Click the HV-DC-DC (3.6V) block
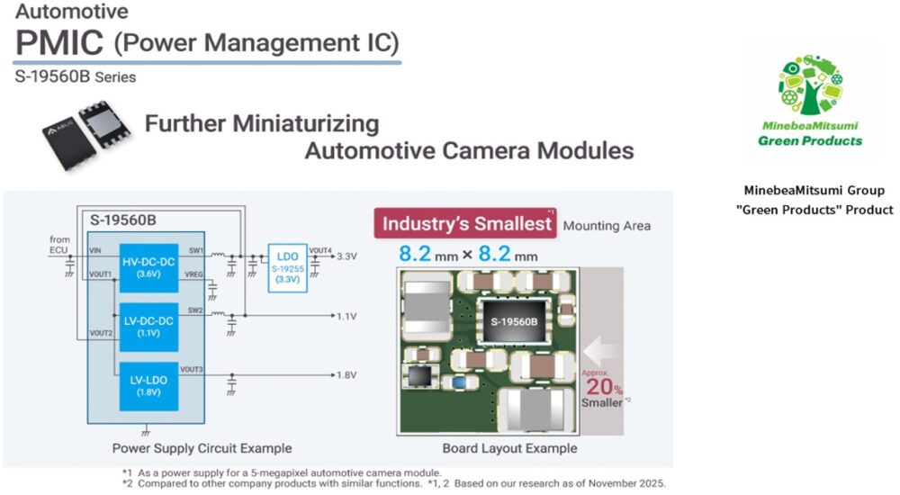(x=148, y=267)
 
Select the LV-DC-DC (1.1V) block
(x=148, y=327)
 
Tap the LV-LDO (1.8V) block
(x=148, y=386)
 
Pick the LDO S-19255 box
(x=288, y=268)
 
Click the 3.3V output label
(x=346, y=256)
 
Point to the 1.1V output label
(x=346, y=316)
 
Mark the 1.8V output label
(x=346, y=375)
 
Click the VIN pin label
(x=95, y=251)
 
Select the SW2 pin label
(x=195, y=310)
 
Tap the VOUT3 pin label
(x=192, y=369)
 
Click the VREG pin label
(x=194, y=274)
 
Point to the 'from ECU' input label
(x=59, y=245)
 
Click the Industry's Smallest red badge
(x=465, y=223)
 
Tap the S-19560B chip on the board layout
(x=514, y=321)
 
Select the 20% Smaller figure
(x=603, y=387)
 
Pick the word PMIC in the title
(x=59, y=42)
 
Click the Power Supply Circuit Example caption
(x=202, y=448)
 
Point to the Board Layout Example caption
(x=509, y=448)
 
